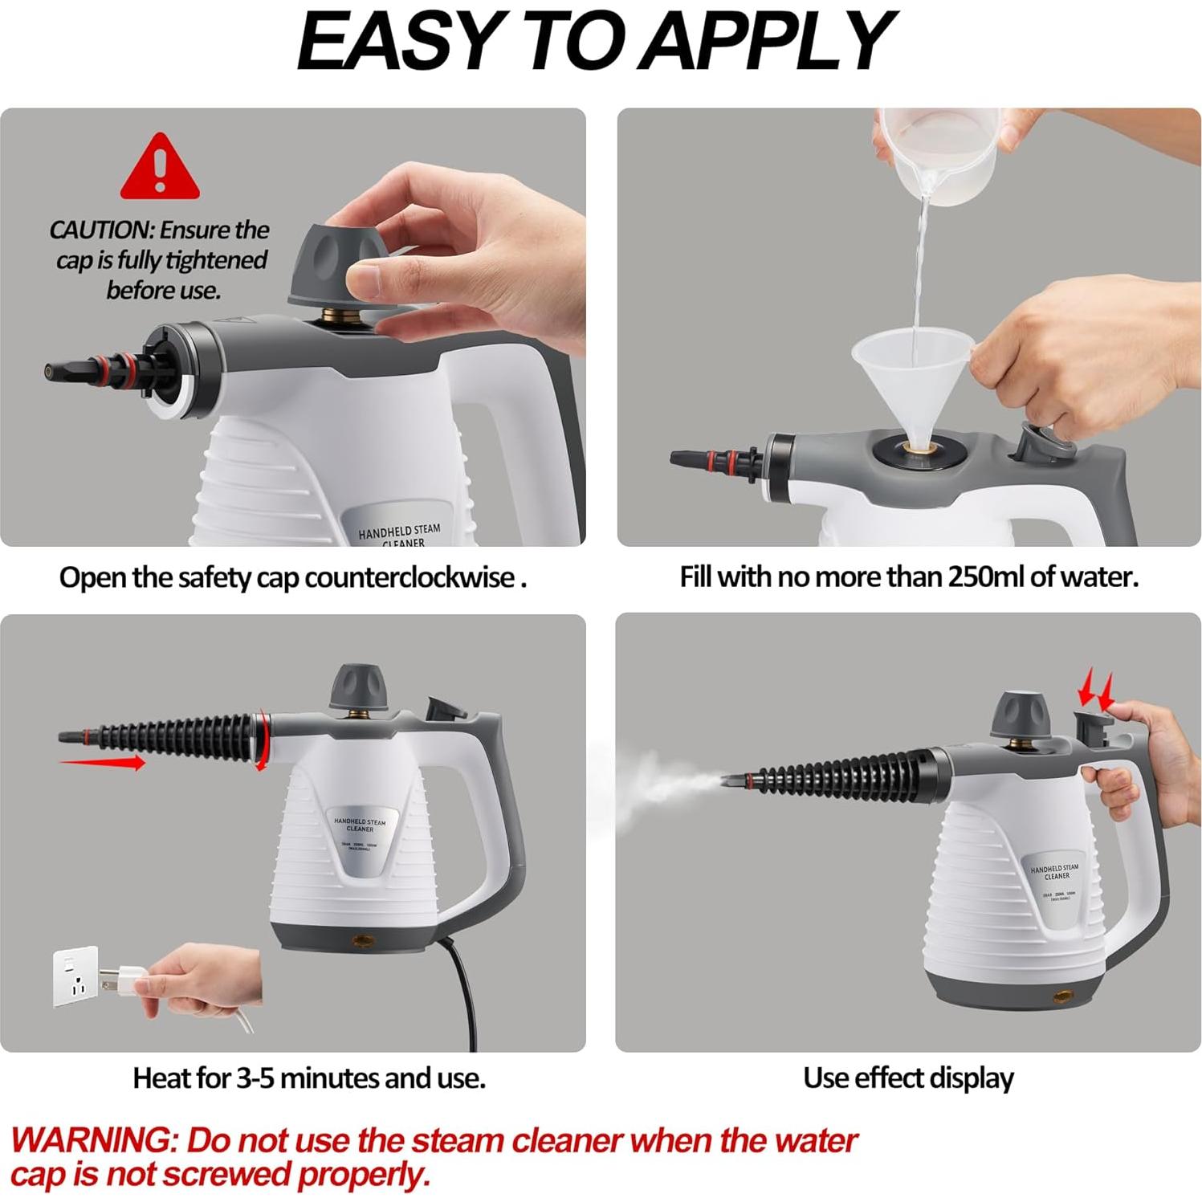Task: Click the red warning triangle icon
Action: [x=160, y=169]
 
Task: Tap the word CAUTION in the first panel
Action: [x=101, y=230]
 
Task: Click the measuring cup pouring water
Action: [x=939, y=153]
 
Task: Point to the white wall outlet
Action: [x=75, y=976]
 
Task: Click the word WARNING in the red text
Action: [x=91, y=1140]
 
